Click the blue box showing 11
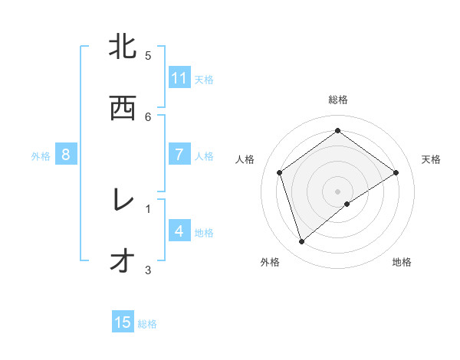point(179,78)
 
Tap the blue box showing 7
point(179,155)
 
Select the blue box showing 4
point(179,231)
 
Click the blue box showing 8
point(66,155)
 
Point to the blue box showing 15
point(123,322)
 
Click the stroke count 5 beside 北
point(148,55)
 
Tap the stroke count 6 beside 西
point(148,116)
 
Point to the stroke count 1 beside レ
point(148,208)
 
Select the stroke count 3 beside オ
point(148,269)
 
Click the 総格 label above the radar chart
point(338,100)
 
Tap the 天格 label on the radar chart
point(431,159)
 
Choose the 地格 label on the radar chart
point(402,262)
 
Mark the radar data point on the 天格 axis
point(396,172)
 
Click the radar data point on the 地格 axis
point(347,204)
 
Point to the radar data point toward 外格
point(301,242)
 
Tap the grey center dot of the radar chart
point(338,191)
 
